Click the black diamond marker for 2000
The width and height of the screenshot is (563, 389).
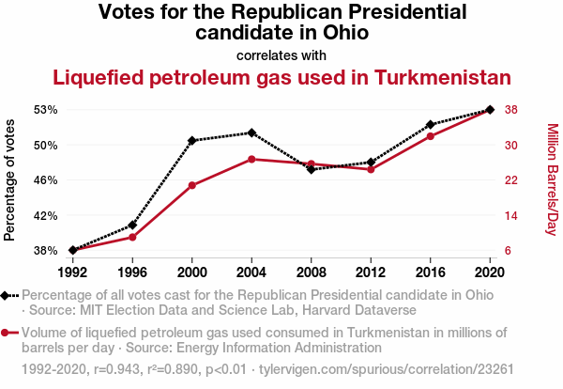coord(192,141)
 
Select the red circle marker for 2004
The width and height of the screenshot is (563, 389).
coord(251,159)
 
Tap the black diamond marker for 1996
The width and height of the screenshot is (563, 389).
coord(132,226)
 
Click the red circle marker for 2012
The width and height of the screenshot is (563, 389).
coord(371,169)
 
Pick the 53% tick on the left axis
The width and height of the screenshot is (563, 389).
coord(44,110)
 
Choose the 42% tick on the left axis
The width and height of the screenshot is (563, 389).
coord(44,215)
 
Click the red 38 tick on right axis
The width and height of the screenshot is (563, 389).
coord(511,110)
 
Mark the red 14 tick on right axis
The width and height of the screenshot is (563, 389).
coord(511,215)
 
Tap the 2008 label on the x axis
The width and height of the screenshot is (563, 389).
coord(311,272)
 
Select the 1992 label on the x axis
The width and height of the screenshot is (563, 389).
coord(72,272)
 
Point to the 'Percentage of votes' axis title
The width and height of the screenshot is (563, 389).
coord(10,179)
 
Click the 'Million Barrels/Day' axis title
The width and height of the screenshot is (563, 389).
coord(552,179)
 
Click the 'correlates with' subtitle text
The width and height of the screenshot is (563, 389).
coord(281,54)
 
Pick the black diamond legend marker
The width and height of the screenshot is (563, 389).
coord(8,295)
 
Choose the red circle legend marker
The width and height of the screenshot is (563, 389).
coord(8,333)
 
